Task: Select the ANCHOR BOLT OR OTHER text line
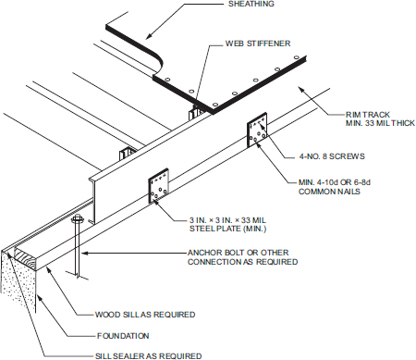tap(244, 252)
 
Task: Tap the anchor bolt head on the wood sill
tap(76, 220)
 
